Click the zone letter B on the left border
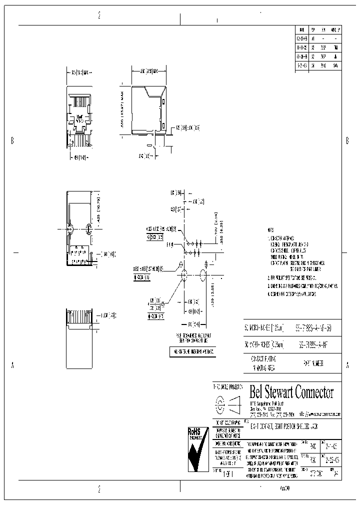[x=12, y=141]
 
